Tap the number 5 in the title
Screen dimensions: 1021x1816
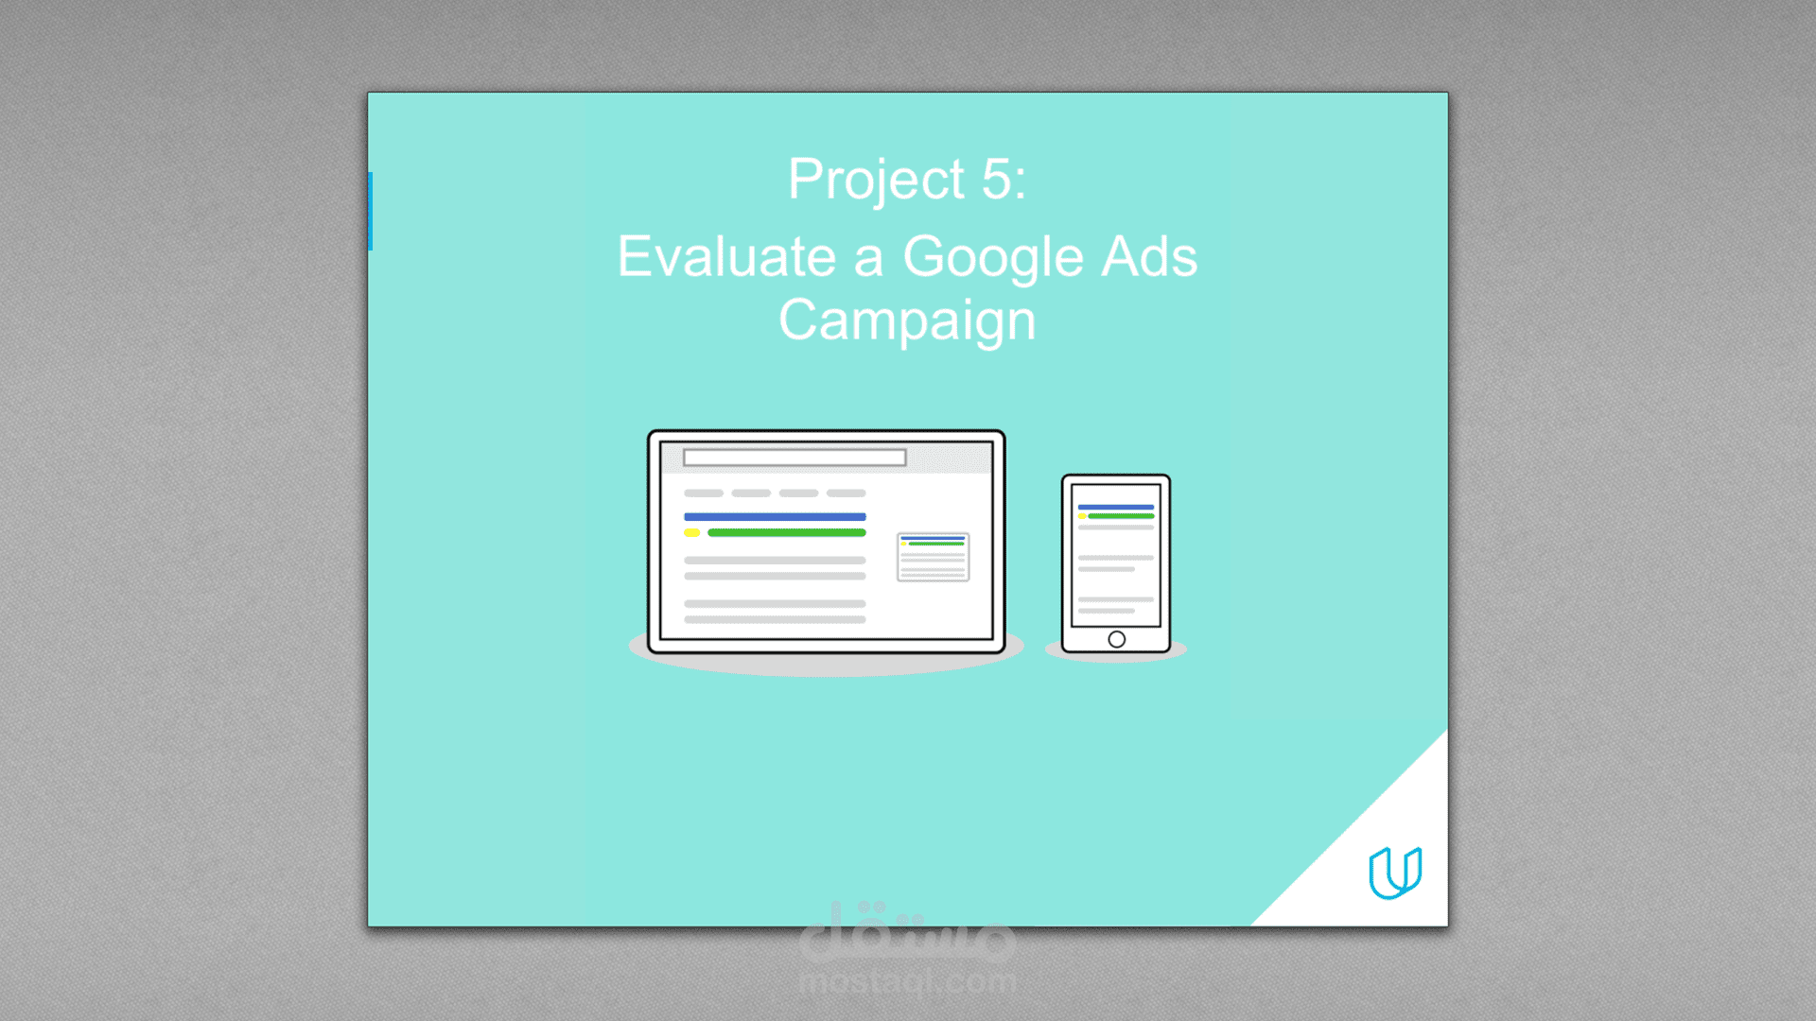pos(996,179)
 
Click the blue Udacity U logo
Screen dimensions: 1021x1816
pos(1395,872)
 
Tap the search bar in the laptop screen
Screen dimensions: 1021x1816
pos(794,459)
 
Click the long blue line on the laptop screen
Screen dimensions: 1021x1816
pos(775,517)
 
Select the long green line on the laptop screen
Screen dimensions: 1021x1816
pos(786,533)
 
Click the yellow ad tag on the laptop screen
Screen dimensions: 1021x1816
pos(691,533)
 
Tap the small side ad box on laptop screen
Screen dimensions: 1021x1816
pos(933,557)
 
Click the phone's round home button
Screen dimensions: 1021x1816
pos(1116,639)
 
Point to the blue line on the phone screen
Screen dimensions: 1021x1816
pos(1116,508)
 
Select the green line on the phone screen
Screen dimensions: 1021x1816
pos(1121,516)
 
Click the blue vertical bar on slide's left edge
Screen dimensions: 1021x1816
pos(370,211)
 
